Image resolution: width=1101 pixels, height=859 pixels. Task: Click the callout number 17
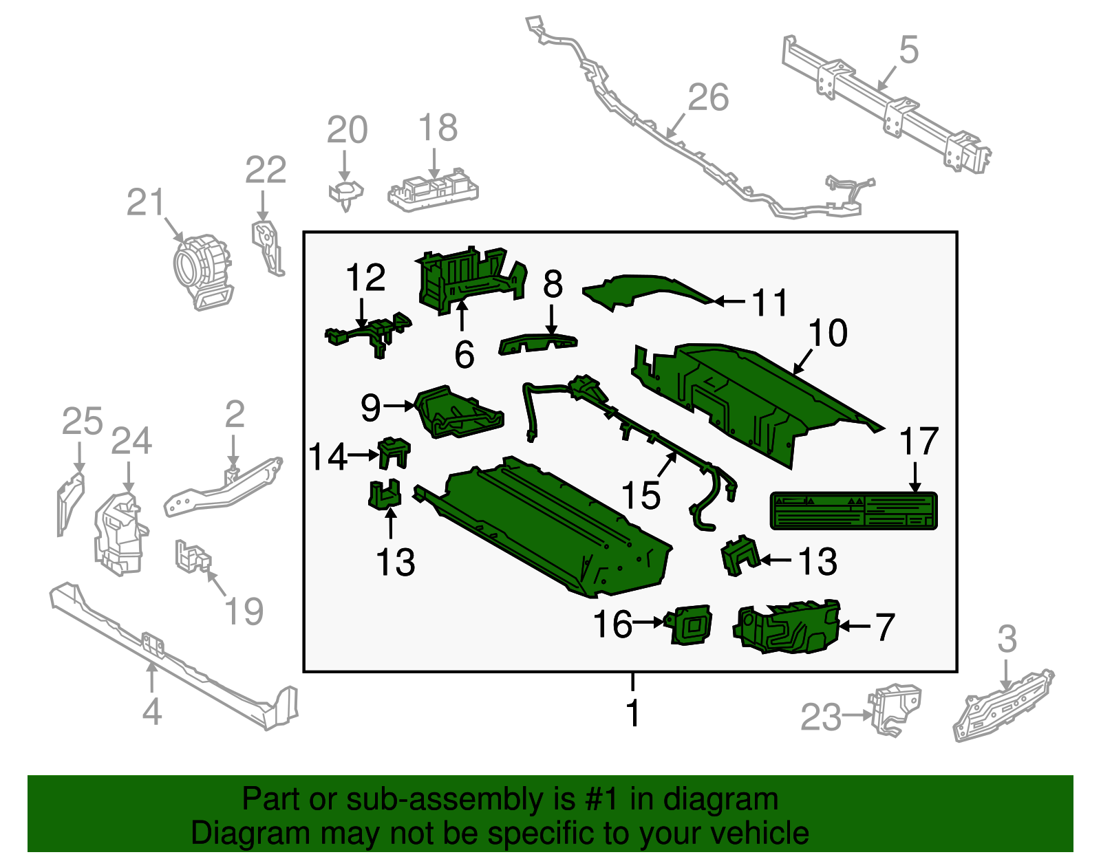click(x=919, y=442)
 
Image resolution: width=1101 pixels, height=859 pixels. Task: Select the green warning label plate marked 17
click(x=853, y=510)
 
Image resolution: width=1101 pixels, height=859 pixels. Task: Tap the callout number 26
click(x=707, y=98)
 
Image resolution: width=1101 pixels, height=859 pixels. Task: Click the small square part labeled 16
click(x=691, y=625)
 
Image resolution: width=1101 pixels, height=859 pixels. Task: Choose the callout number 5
click(x=908, y=51)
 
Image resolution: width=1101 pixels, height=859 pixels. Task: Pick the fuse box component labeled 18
click(x=432, y=192)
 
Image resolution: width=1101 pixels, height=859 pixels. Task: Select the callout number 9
click(x=370, y=407)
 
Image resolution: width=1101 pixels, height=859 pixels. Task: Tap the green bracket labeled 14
click(x=394, y=453)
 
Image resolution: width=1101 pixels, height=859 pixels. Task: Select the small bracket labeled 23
click(x=895, y=708)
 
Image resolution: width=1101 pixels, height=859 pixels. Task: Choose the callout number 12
click(x=365, y=278)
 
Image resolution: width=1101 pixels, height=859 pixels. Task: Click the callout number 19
click(x=244, y=611)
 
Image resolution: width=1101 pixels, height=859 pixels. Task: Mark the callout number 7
click(x=884, y=627)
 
